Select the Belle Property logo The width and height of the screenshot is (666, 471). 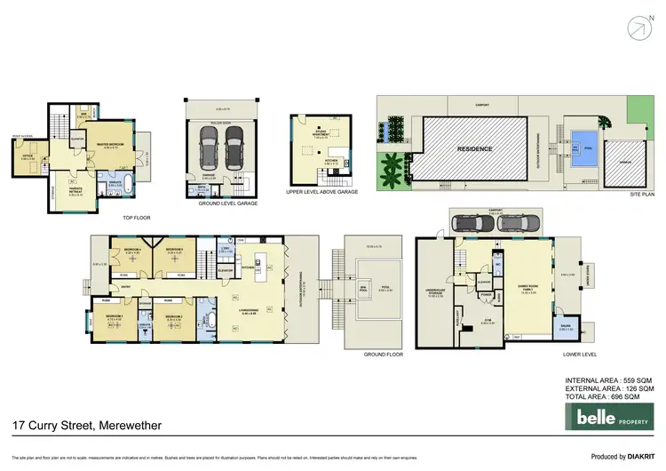point(614,418)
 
